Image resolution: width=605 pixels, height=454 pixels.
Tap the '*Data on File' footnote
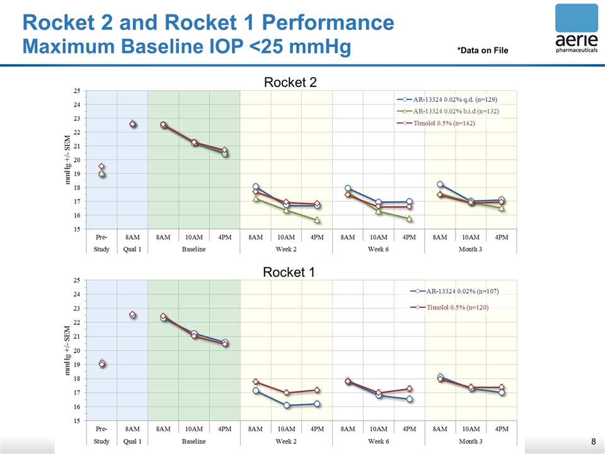(x=483, y=50)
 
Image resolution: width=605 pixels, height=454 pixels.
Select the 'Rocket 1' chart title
(x=289, y=272)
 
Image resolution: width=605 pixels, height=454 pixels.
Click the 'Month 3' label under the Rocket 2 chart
(x=471, y=249)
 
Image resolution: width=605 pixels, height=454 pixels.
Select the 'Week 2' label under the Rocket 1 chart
(x=286, y=441)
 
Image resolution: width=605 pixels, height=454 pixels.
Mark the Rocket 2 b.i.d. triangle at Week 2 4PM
(x=317, y=220)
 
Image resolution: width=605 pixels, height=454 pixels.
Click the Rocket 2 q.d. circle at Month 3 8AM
(x=440, y=184)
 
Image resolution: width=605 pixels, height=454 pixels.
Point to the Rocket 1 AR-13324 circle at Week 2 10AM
(x=286, y=405)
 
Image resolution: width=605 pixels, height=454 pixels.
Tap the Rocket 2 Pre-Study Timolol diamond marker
(x=101, y=166)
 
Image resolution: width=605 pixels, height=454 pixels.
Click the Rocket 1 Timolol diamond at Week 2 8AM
(x=256, y=381)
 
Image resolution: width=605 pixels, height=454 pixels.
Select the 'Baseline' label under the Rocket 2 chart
(x=194, y=249)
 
